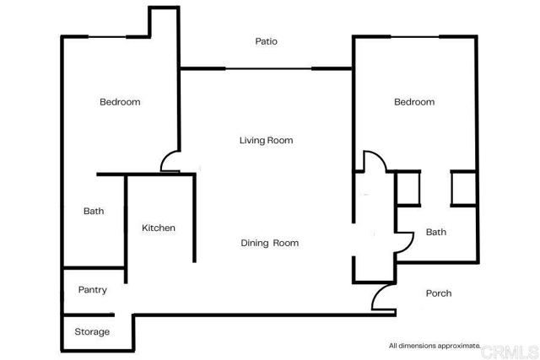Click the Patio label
pyautogui.click(x=267, y=41)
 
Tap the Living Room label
pyautogui.click(x=267, y=141)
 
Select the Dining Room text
pyautogui.click(x=270, y=243)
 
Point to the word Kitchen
pyautogui.click(x=159, y=228)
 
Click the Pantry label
pyautogui.click(x=92, y=290)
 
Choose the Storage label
pyautogui.click(x=92, y=332)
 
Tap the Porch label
pyautogui.click(x=439, y=293)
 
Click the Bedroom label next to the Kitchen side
pyautogui.click(x=120, y=102)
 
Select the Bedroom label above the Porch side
pyautogui.click(x=414, y=102)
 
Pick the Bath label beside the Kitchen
pyautogui.click(x=94, y=211)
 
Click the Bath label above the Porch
pyautogui.click(x=436, y=232)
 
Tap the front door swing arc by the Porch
pyautogui.click(x=377, y=293)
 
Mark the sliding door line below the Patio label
pyautogui.click(x=268, y=69)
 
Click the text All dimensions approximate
pyautogui.click(x=435, y=346)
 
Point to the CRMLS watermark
pyautogui.click(x=510, y=352)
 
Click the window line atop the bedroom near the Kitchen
pyautogui.click(x=107, y=36)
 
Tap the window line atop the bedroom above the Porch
pyautogui.click(x=414, y=36)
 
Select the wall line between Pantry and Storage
pyautogui.click(x=89, y=314)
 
